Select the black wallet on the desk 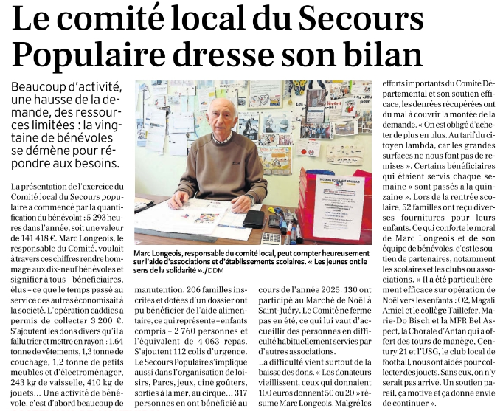[252, 218]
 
